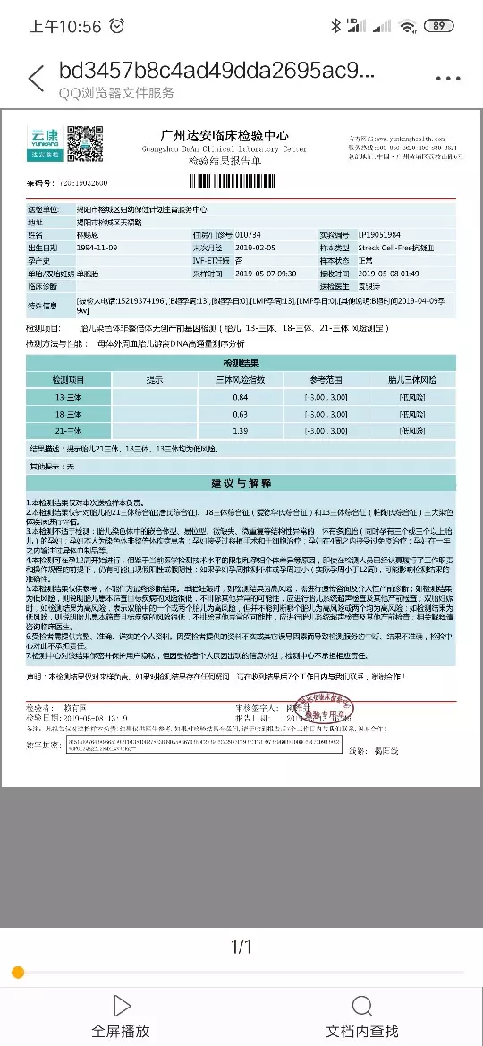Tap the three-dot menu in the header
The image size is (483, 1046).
point(447,78)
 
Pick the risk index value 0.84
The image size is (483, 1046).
point(241,396)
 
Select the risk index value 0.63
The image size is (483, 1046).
point(241,414)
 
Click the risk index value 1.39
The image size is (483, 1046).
point(241,431)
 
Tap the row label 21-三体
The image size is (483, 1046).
point(69,431)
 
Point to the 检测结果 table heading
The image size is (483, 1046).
point(241,363)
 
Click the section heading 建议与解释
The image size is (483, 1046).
point(241,483)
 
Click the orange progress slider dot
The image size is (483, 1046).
point(17,972)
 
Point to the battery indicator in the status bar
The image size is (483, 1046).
point(438,26)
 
